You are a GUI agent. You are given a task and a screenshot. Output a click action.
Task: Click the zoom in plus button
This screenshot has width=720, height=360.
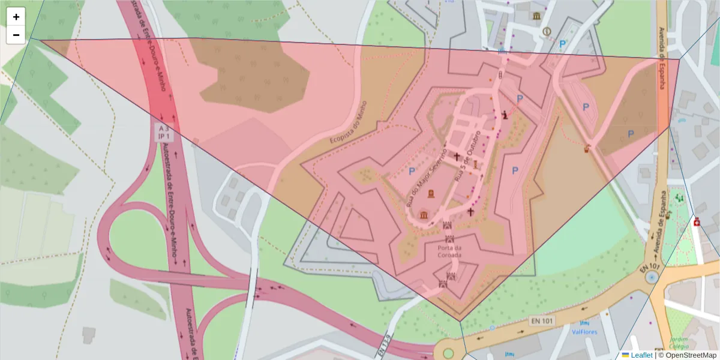tap(16, 17)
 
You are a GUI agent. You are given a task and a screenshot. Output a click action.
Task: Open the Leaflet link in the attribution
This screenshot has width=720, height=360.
tap(642, 355)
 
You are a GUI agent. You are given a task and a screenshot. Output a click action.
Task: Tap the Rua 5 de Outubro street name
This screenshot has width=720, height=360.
tap(469, 155)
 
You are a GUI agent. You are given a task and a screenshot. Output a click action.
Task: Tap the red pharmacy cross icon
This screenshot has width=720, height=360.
tap(697, 223)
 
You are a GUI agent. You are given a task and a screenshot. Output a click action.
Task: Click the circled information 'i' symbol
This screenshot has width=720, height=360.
tap(546, 31)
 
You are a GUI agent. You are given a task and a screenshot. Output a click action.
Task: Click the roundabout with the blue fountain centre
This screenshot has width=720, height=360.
tap(652, 277)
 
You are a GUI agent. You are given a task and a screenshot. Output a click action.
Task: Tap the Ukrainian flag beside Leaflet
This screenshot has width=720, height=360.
tap(625, 355)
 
